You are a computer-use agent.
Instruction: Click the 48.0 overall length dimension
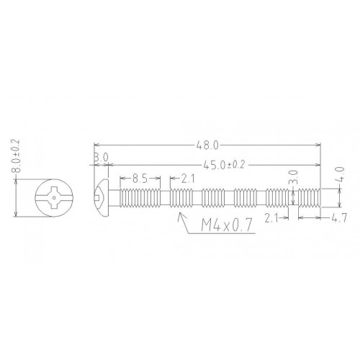point(207,145)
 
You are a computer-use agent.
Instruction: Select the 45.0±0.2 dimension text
point(224,165)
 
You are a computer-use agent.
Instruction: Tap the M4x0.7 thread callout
point(227,225)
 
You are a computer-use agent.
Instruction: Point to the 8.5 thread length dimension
point(140,179)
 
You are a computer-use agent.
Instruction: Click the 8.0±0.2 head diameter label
point(17,156)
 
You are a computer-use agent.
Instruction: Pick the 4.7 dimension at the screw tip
point(339,218)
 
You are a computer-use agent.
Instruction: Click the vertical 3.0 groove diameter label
point(293,177)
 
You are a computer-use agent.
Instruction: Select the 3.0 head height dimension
point(101,158)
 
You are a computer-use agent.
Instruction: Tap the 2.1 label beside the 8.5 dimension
point(187,179)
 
